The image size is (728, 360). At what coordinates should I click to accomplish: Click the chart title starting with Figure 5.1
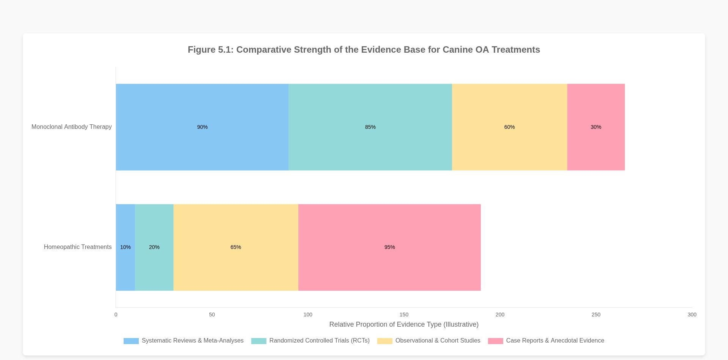point(364,50)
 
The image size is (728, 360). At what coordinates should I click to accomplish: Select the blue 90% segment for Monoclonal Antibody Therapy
point(202,127)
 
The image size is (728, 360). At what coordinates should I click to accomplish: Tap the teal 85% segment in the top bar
point(370,127)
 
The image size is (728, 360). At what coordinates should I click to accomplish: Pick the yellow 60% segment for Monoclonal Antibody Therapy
point(509,127)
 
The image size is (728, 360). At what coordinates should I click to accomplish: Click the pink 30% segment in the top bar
point(596,127)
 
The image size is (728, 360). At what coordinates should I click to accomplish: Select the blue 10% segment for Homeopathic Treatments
point(125,247)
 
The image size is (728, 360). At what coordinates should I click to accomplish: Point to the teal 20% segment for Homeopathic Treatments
point(154,247)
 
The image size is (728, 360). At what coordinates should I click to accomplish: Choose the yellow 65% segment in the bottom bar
point(235,247)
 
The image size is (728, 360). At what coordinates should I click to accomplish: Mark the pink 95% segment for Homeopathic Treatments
point(389,247)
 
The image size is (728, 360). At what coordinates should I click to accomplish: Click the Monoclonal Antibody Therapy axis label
point(71,127)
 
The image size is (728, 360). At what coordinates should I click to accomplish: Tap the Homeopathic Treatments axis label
point(78,247)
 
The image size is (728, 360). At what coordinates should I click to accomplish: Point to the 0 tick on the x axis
point(116,315)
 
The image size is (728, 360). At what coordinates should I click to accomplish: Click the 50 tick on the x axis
point(212,315)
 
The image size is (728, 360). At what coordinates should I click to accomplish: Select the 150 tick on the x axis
point(404,315)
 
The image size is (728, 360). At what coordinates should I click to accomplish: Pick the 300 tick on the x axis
point(692,315)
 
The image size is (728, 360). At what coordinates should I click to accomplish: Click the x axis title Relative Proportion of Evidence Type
point(404,324)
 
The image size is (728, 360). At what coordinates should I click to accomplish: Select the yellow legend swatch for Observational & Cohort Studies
point(384,341)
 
